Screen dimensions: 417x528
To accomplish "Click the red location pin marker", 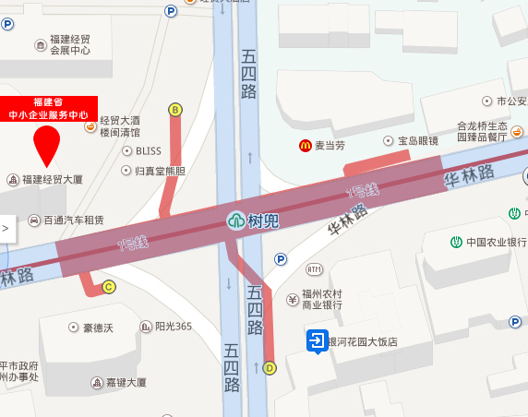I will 46,145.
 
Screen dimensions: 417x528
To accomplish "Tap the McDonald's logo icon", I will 304,145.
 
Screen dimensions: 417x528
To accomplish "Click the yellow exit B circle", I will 174,110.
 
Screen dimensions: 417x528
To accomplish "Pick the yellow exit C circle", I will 109,287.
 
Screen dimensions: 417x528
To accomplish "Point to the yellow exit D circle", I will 270,367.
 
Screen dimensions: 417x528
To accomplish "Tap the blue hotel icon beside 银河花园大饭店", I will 315,342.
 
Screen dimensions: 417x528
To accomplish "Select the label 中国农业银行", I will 495,243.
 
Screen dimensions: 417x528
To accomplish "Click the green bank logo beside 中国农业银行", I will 456,243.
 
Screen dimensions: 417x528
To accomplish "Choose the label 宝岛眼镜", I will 418,141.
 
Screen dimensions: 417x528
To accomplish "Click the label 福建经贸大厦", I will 53,178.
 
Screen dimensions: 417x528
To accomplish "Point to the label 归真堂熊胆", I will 160,171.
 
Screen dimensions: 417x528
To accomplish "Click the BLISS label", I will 148,150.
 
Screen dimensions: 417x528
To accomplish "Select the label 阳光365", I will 173,327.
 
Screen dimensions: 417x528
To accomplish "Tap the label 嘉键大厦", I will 125,383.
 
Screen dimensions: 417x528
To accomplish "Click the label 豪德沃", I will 97,327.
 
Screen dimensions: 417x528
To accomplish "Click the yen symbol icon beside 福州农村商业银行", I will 294,299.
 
